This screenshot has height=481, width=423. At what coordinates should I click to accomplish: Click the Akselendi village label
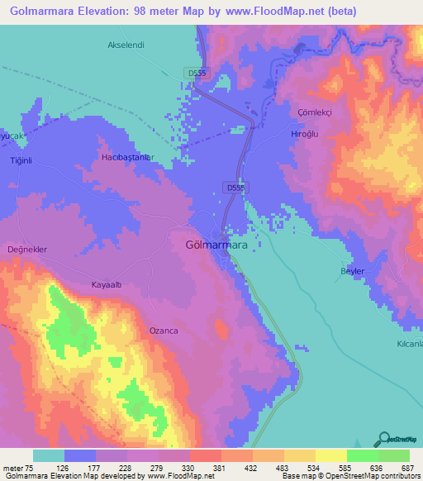(x=126, y=45)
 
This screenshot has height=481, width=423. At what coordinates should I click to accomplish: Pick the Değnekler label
(x=27, y=249)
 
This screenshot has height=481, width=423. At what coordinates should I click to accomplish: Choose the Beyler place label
(x=353, y=271)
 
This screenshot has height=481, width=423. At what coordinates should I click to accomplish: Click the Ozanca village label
(x=164, y=330)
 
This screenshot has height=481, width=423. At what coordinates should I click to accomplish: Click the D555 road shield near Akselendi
(x=197, y=73)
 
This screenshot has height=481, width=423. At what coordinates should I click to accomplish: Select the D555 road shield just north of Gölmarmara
(x=235, y=188)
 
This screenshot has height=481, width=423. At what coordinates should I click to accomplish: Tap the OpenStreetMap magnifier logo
(x=383, y=439)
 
